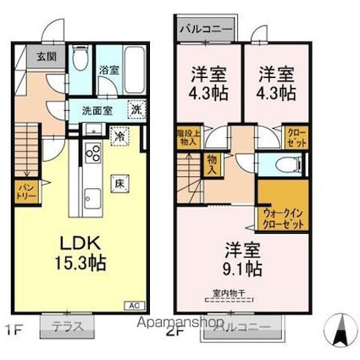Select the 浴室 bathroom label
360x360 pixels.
(x=108, y=70)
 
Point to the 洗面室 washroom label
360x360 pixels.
(x=97, y=110)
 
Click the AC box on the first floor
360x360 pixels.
(x=133, y=304)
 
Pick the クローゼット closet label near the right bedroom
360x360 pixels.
(x=297, y=138)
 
